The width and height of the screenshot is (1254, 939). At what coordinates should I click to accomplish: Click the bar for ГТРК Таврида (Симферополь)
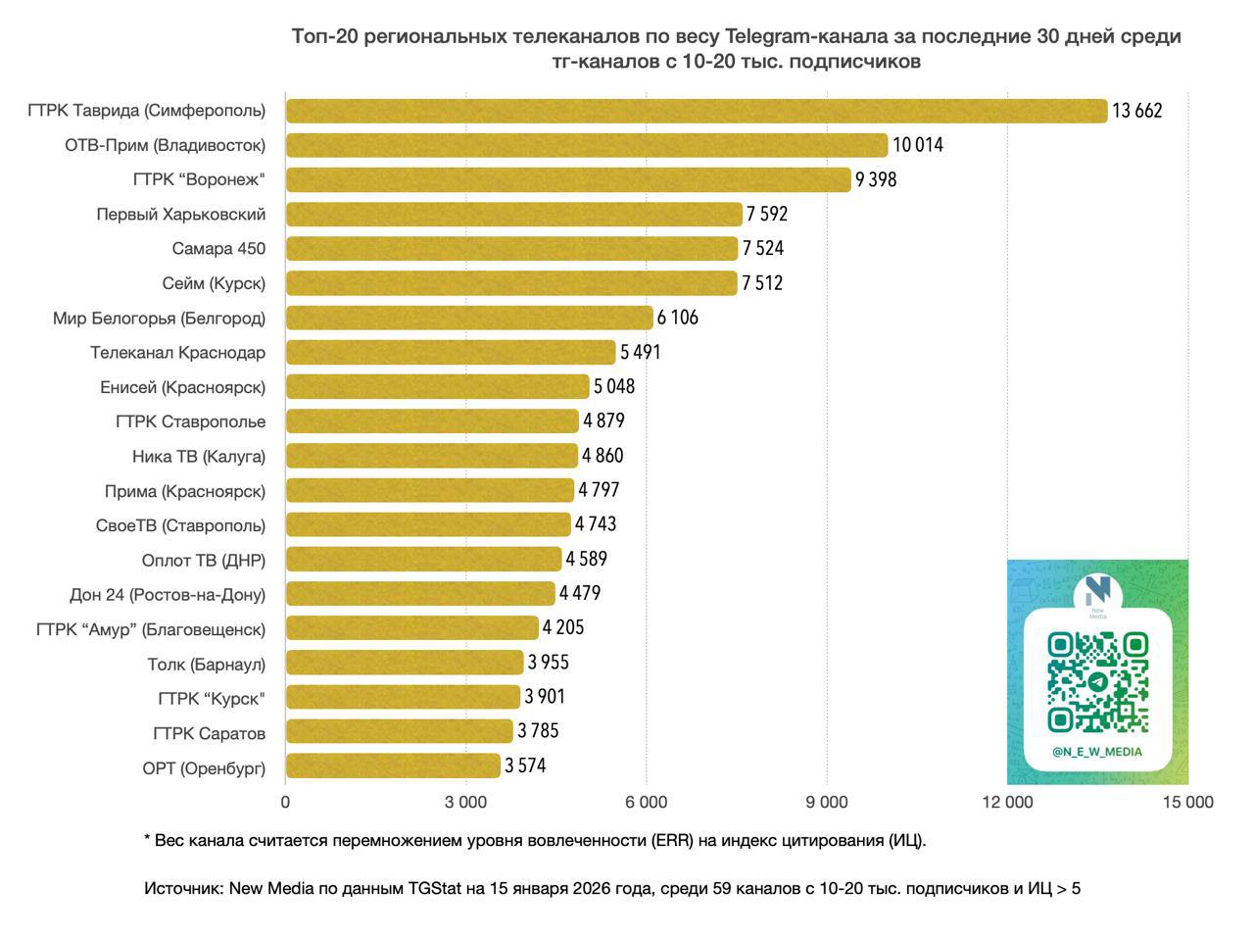tap(696, 111)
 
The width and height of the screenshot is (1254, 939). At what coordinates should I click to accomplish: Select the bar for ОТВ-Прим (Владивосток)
tap(586, 145)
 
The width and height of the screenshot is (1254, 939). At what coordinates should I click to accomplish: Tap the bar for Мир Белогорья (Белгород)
tap(469, 318)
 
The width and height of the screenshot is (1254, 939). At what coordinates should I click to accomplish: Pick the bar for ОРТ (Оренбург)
tap(393, 766)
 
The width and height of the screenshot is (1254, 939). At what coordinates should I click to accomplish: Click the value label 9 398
tap(876, 179)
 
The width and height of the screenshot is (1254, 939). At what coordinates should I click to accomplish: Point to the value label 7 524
tap(763, 249)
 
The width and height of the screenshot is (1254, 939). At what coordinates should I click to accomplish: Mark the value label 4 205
tap(563, 627)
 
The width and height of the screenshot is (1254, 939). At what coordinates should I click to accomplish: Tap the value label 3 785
tap(538, 731)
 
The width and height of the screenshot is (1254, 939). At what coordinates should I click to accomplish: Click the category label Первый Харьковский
tap(180, 214)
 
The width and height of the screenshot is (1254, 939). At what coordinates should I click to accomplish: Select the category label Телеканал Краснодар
tap(177, 352)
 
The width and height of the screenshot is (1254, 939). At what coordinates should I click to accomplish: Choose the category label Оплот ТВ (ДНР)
tap(204, 560)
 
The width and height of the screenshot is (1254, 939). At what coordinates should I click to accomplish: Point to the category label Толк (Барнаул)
tap(206, 664)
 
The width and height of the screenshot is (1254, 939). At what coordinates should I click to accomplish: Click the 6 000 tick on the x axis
tap(646, 802)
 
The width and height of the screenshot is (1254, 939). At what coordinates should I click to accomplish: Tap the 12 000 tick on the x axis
tap(1007, 802)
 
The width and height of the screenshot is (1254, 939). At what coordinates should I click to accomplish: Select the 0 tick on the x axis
tap(285, 802)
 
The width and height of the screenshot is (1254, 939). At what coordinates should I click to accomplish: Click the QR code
tap(1097, 682)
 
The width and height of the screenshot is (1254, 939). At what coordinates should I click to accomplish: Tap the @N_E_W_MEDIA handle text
tap(1097, 752)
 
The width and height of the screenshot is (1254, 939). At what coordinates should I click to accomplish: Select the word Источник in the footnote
tap(183, 889)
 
